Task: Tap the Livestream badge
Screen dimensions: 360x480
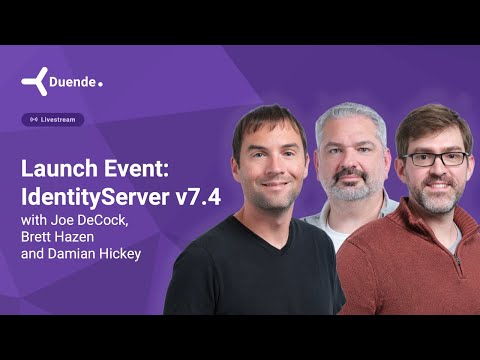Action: point(53,120)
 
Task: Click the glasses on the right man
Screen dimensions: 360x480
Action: point(433,158)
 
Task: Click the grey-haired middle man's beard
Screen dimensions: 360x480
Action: point(349,186)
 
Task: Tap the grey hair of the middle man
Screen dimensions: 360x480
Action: point(350,115)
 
